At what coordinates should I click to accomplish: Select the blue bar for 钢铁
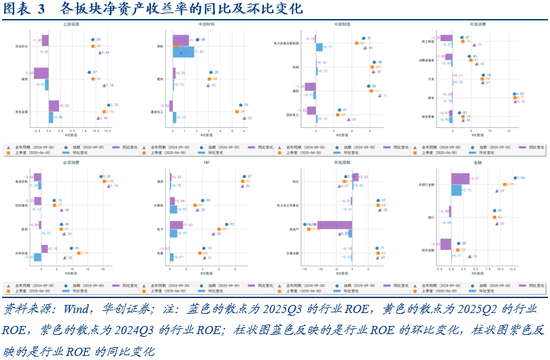tap(181, 52)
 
